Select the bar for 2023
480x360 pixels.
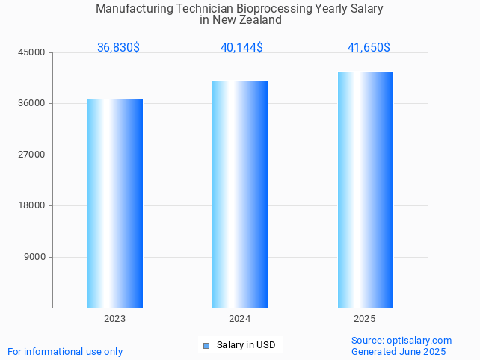click(x=115, y=203)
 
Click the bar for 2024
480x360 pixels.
click(x=240, y=194)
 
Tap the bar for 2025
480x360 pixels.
click(x=365, y=190)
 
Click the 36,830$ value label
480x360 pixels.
click(x=118, y=48)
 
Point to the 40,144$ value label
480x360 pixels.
click(x=241, y=48)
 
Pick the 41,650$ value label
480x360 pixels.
click(x=369, y=48)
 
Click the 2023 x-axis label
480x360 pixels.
click(x=114, y=319)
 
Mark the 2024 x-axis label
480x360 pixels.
click(x=239, y=319)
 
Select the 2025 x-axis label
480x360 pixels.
click(x=364, y=319)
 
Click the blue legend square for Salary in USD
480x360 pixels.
click(x=206, y=345)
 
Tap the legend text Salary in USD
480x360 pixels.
click(x=246, y=345)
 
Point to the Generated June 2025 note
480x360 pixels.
click(x=399, y=352)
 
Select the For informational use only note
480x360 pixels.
click(x=65, y=352)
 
